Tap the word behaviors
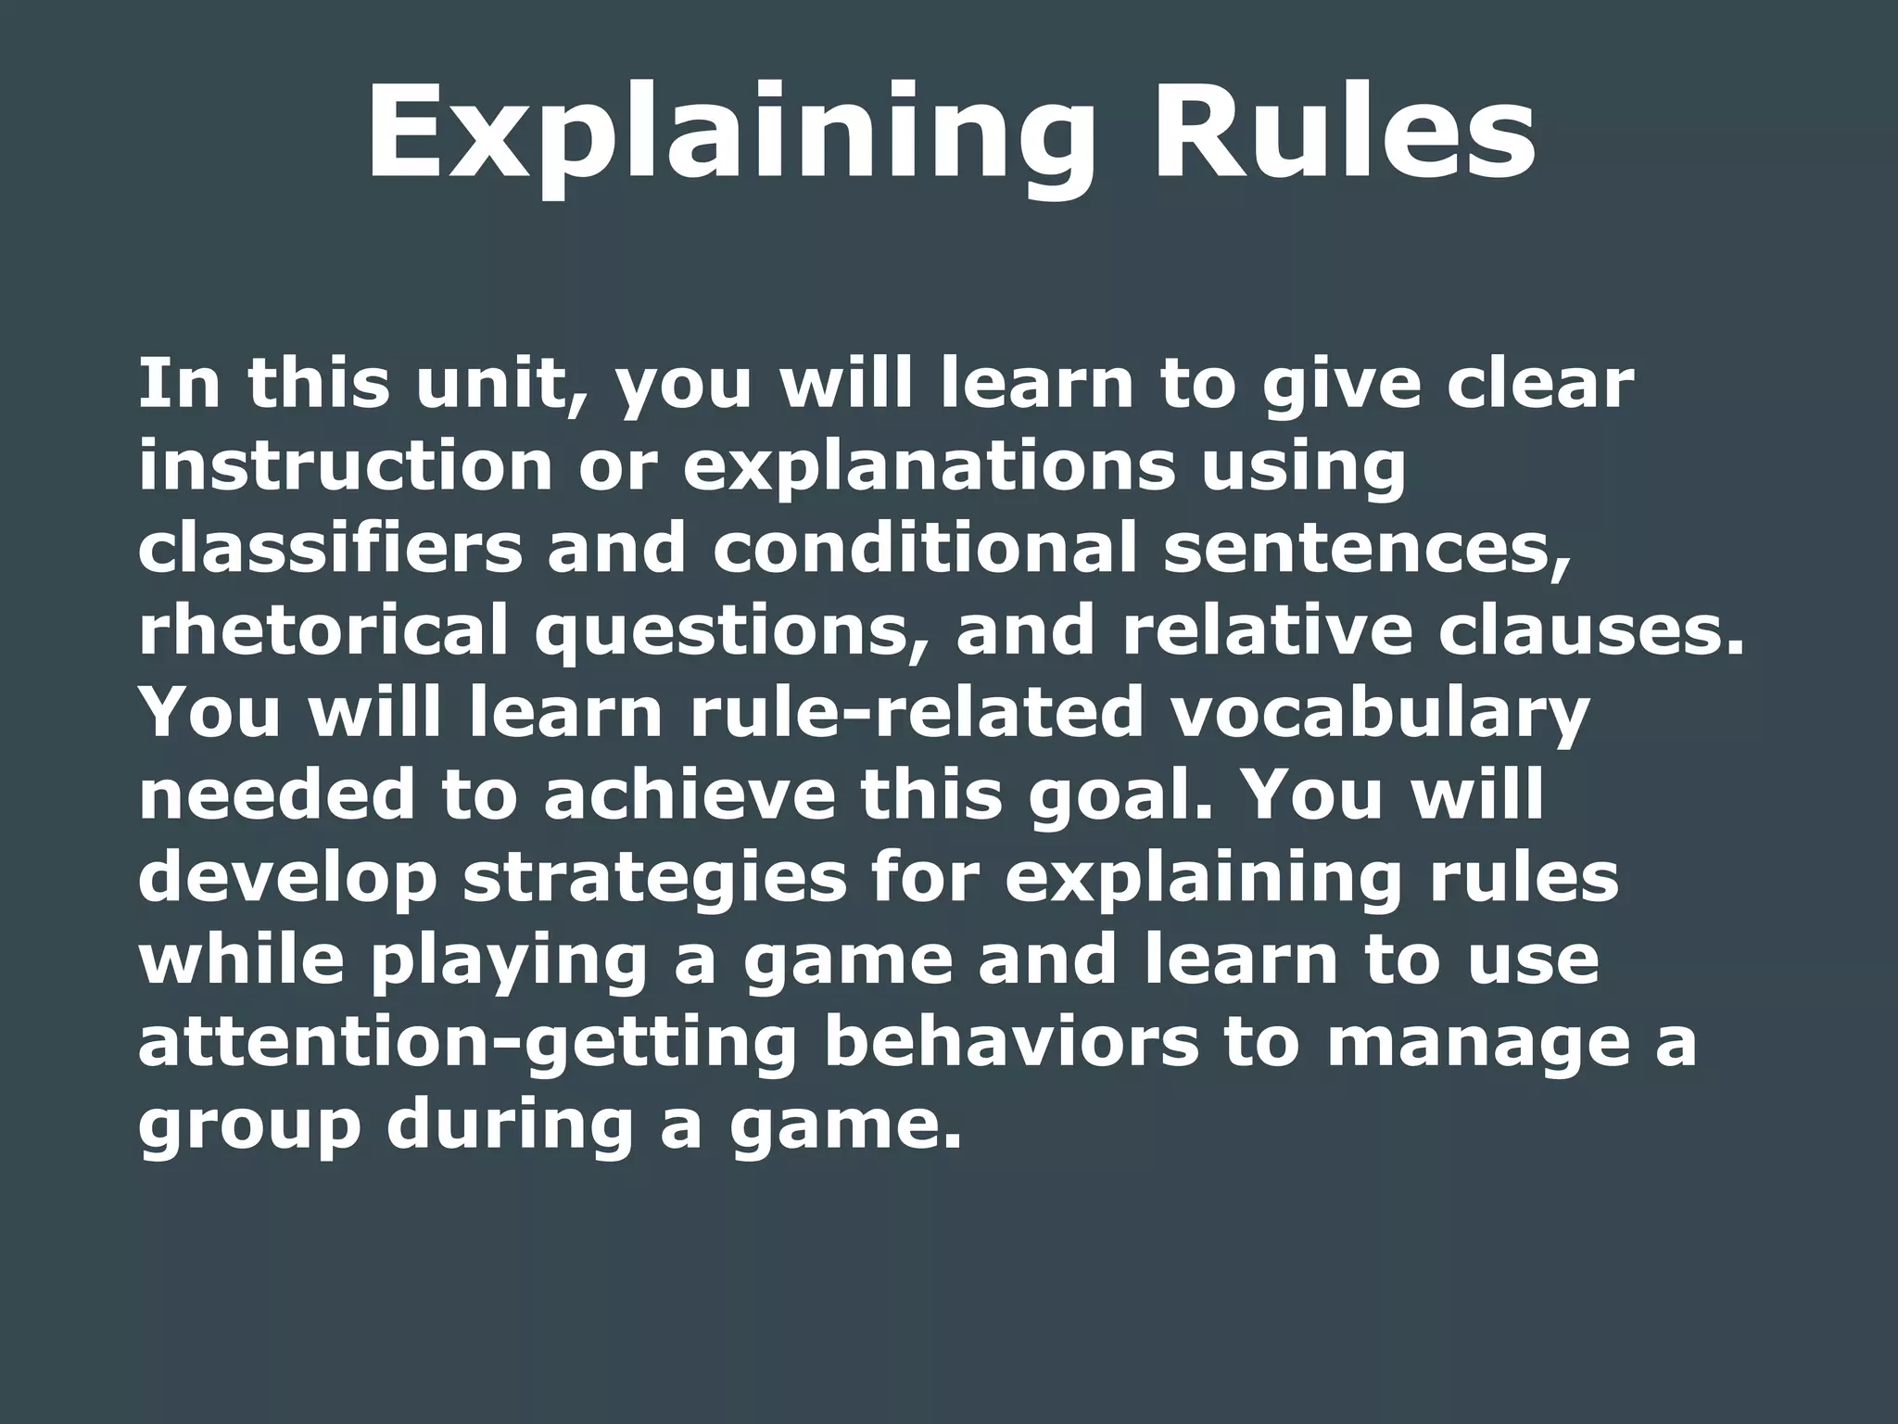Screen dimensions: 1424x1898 (x=1011, y=1042)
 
